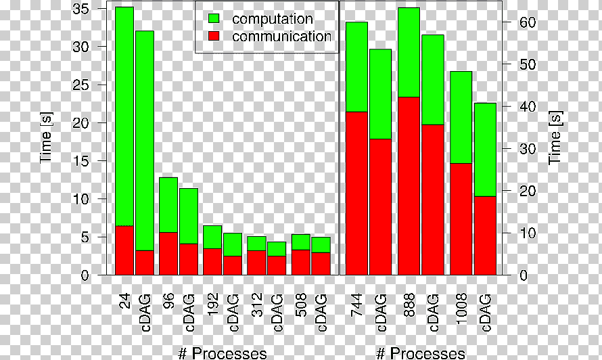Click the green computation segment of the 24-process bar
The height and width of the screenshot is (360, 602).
[124, 116]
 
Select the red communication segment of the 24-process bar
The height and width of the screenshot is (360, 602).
[124, 250]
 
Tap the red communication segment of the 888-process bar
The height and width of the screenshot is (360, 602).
[409, 186]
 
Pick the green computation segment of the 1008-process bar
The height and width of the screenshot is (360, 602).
[461, 118]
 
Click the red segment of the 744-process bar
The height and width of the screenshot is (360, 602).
[356, 194]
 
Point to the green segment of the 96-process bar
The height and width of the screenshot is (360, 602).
[168, 205]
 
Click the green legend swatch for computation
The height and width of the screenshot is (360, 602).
[214, 18]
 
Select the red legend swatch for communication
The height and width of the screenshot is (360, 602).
[214, 36]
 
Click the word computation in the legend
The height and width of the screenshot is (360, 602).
[272, 19]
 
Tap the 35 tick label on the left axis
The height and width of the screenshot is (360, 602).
[80, 8]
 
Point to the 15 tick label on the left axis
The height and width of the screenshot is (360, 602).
[80, 160]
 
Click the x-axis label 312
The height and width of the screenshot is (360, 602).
[257, 305]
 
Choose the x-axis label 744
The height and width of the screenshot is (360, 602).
[356, 305]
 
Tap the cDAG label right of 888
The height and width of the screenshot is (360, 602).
[433, 313]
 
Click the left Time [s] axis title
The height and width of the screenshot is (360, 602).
[46, 137]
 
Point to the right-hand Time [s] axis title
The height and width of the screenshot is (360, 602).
[555, 137]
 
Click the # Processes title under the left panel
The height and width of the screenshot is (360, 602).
[223, 353]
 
